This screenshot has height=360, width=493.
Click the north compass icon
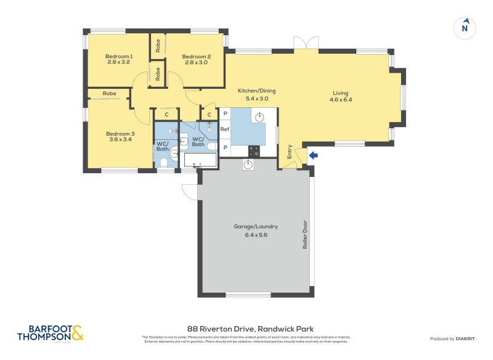(x=465, y=28)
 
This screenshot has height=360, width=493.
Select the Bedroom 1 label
(x=119, y=57)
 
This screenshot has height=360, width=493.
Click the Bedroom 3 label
(x=120, y=134)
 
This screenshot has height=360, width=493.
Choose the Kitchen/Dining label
(x=257, y=91)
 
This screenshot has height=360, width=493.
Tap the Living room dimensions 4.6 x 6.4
(x=341, y=99)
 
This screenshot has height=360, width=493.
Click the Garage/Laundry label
(x=256, y=226)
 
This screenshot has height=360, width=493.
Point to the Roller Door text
(x=305, y=234)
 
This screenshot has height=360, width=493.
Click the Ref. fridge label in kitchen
(x=226, y=130)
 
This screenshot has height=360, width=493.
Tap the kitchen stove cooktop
(x=254, y=150)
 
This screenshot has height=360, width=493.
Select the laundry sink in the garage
(x=248, y=164)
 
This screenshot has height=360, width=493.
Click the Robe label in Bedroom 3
(x=110, y=94)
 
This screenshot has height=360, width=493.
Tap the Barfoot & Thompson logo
(x=49, y=333)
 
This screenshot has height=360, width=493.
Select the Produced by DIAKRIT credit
(x=454, y=339)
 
